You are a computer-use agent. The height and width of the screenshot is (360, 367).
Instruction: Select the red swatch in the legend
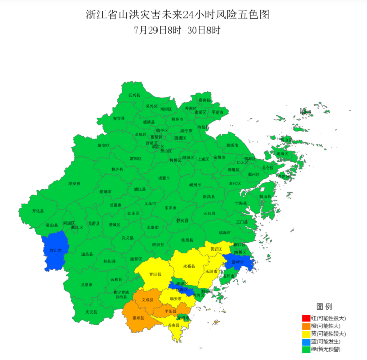click(306, 318)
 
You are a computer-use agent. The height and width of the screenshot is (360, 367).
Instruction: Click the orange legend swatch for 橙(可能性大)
click(306, 326)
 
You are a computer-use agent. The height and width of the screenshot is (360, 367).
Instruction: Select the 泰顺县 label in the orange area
click(138, 318)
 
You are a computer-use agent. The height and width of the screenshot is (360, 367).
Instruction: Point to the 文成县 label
click(147, 300)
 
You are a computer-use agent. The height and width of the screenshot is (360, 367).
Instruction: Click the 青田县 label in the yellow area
click(155, 274)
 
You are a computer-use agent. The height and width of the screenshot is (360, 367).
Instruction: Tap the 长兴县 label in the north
click(134, 95)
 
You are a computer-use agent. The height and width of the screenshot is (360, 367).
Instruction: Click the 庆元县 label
click(91, 312)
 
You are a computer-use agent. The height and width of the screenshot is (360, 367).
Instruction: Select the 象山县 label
click(265, 196)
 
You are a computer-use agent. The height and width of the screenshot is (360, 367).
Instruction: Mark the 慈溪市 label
click(232, 145)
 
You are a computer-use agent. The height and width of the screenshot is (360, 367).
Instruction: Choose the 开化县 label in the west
click(38, 210)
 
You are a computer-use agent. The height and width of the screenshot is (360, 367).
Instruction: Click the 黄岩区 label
click(216, 249)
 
